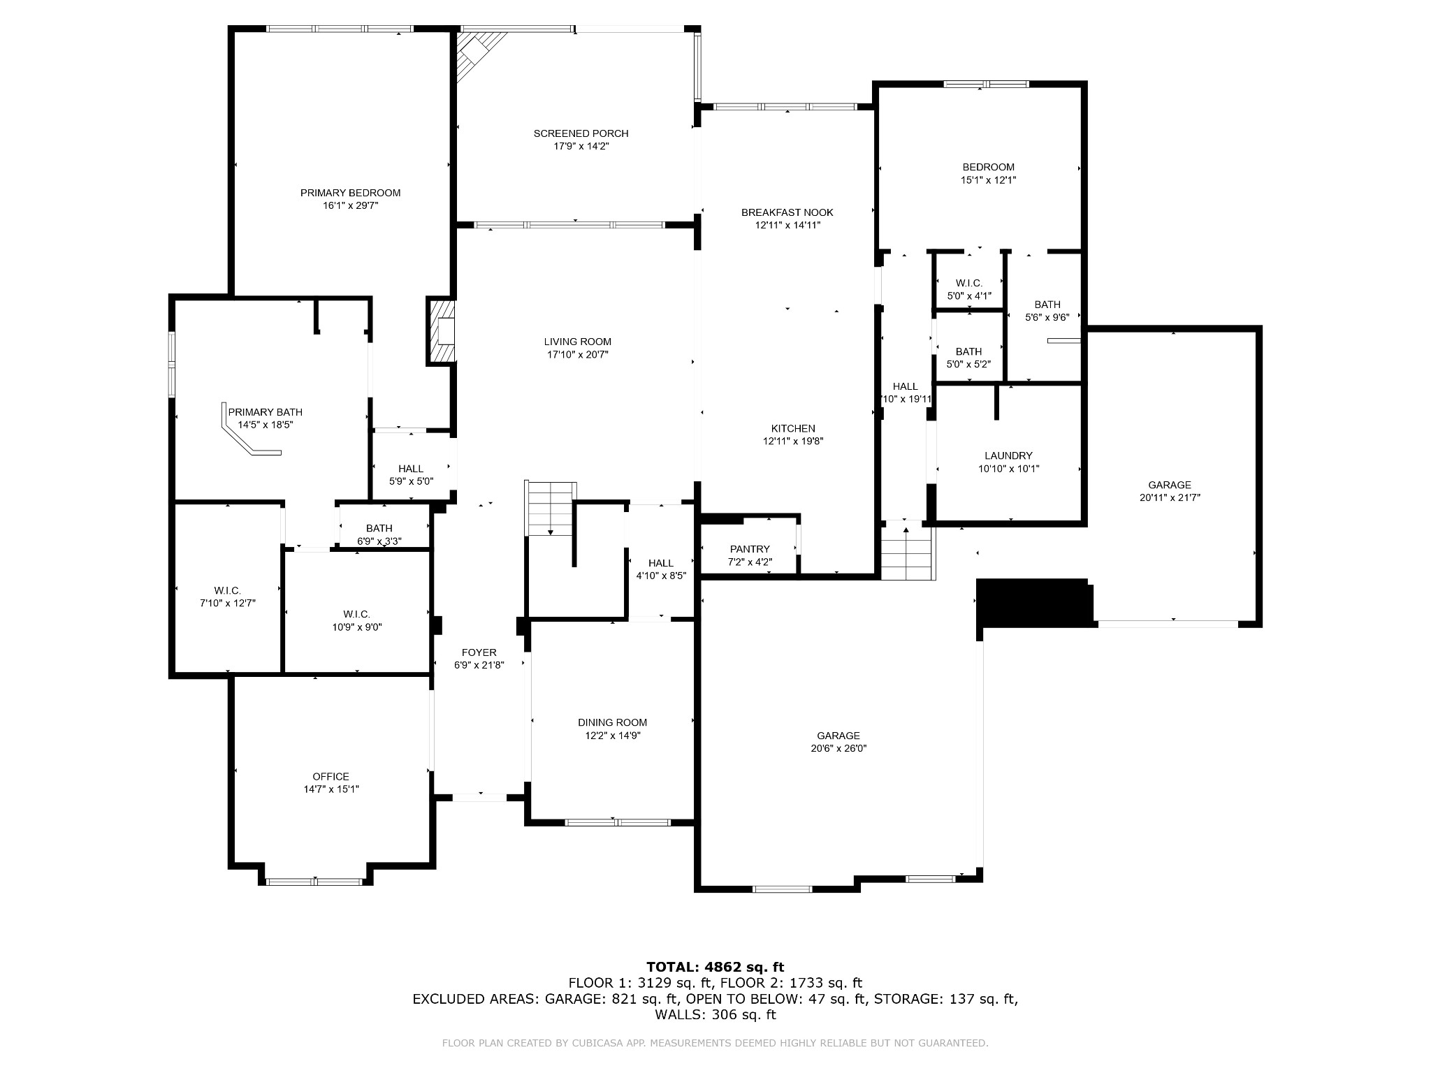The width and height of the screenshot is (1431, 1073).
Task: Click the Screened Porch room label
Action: point(581,133)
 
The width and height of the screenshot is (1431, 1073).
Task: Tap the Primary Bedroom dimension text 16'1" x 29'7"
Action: point(350,205)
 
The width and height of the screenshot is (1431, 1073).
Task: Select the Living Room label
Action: point(578,342)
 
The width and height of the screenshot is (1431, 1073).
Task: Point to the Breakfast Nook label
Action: point(787,212)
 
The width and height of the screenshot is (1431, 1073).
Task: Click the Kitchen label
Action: point(793,428)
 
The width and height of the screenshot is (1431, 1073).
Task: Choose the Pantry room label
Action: point(750,549)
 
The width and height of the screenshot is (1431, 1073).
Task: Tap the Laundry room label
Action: point(1008,455)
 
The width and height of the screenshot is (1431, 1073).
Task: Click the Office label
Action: point(331,776)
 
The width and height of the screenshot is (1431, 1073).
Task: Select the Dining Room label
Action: point(613,722)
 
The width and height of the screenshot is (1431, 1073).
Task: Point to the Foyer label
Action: point(479,652)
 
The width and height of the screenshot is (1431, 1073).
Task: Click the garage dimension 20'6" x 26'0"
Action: point(838,748)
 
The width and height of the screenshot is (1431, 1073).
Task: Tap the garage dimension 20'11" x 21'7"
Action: point(1170,497)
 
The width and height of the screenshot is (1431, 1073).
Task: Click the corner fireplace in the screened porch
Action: point(477,52)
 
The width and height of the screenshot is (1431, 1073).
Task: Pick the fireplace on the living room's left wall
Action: point(442,332)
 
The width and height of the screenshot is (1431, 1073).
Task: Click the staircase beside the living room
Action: point(551,509)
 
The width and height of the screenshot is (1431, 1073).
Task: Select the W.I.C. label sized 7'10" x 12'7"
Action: point(228,591)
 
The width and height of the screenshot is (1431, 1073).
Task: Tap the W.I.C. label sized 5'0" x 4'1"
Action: point(969,283)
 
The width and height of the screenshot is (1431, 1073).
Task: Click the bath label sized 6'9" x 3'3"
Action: point(379,541)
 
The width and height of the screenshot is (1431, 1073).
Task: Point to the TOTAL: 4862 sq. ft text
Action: point(715,967)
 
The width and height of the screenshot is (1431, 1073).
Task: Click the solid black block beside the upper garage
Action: point(1035,602)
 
